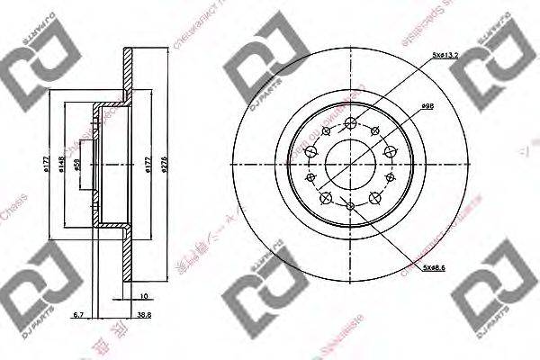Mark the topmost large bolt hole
tap(350, 122)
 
